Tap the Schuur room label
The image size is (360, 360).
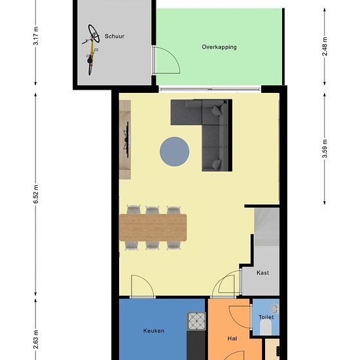[115, 37]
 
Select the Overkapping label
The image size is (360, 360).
[219, 47]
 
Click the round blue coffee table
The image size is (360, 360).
[175, 151]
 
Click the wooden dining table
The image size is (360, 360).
[154, 227]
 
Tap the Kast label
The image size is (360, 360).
[262, 272]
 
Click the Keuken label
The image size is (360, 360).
[154, 331]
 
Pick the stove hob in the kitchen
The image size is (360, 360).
[196, 320]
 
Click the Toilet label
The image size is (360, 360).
[266, 317]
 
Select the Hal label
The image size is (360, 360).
[232, 339]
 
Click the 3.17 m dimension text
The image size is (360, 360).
[36, 37]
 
